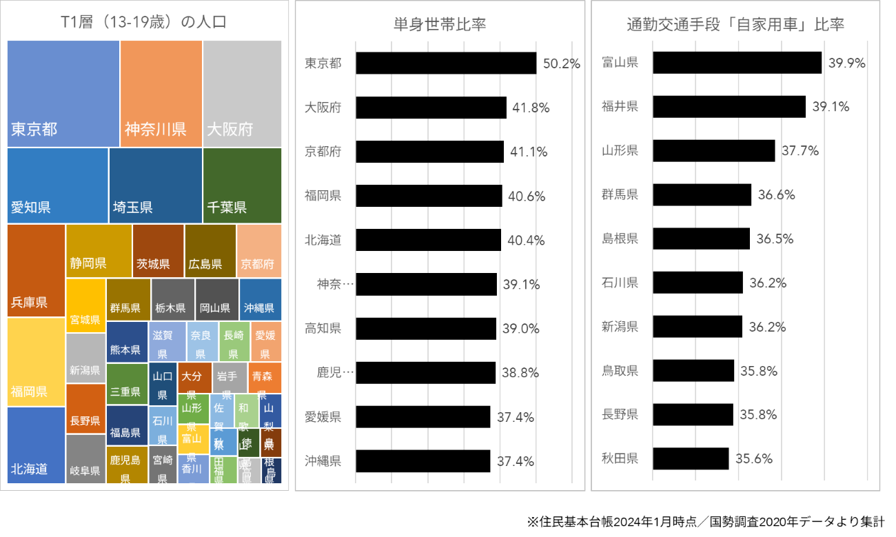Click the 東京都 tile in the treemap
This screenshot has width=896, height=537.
pyautogui.click(x=63, y=93)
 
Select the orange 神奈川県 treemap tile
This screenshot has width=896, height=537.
pyautogui.click(x=161, y=93)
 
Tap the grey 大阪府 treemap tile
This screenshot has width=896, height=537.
pyautogui.click(x=242, y=93)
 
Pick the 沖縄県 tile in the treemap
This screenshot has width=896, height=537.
pyautogui.click(x=260, y=299)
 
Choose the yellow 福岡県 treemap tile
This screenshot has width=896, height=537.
pyautogui.click(x=36, y=361)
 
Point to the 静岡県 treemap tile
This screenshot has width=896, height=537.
pyautogui.click(x=99, y=250)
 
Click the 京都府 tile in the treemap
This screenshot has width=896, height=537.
pyautogui.click(x=258, y=250)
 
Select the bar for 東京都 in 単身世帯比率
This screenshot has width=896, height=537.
pyautogui.click(x=446, y=63)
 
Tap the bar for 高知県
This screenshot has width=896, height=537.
pyautogui.click(x=426, y=329)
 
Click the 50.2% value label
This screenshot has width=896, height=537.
pyautogui.click(x=562, y=63)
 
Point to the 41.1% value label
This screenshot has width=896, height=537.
pyautogui.click(x=529, y=152)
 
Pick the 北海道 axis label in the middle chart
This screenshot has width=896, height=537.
pyautogui.click(x=323, y=241)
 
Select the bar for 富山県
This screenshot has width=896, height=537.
pyautogui.click(x=737, y=63)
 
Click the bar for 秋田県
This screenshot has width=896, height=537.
pyautogui.click(x=691, y=458)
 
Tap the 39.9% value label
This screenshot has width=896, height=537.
pyautogui.click(x=847, y=63)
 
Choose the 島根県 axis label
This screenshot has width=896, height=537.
pyautogui.click(x=620, y=239)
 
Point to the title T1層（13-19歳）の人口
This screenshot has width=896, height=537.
pyautogui.click(x=144, y=23)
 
